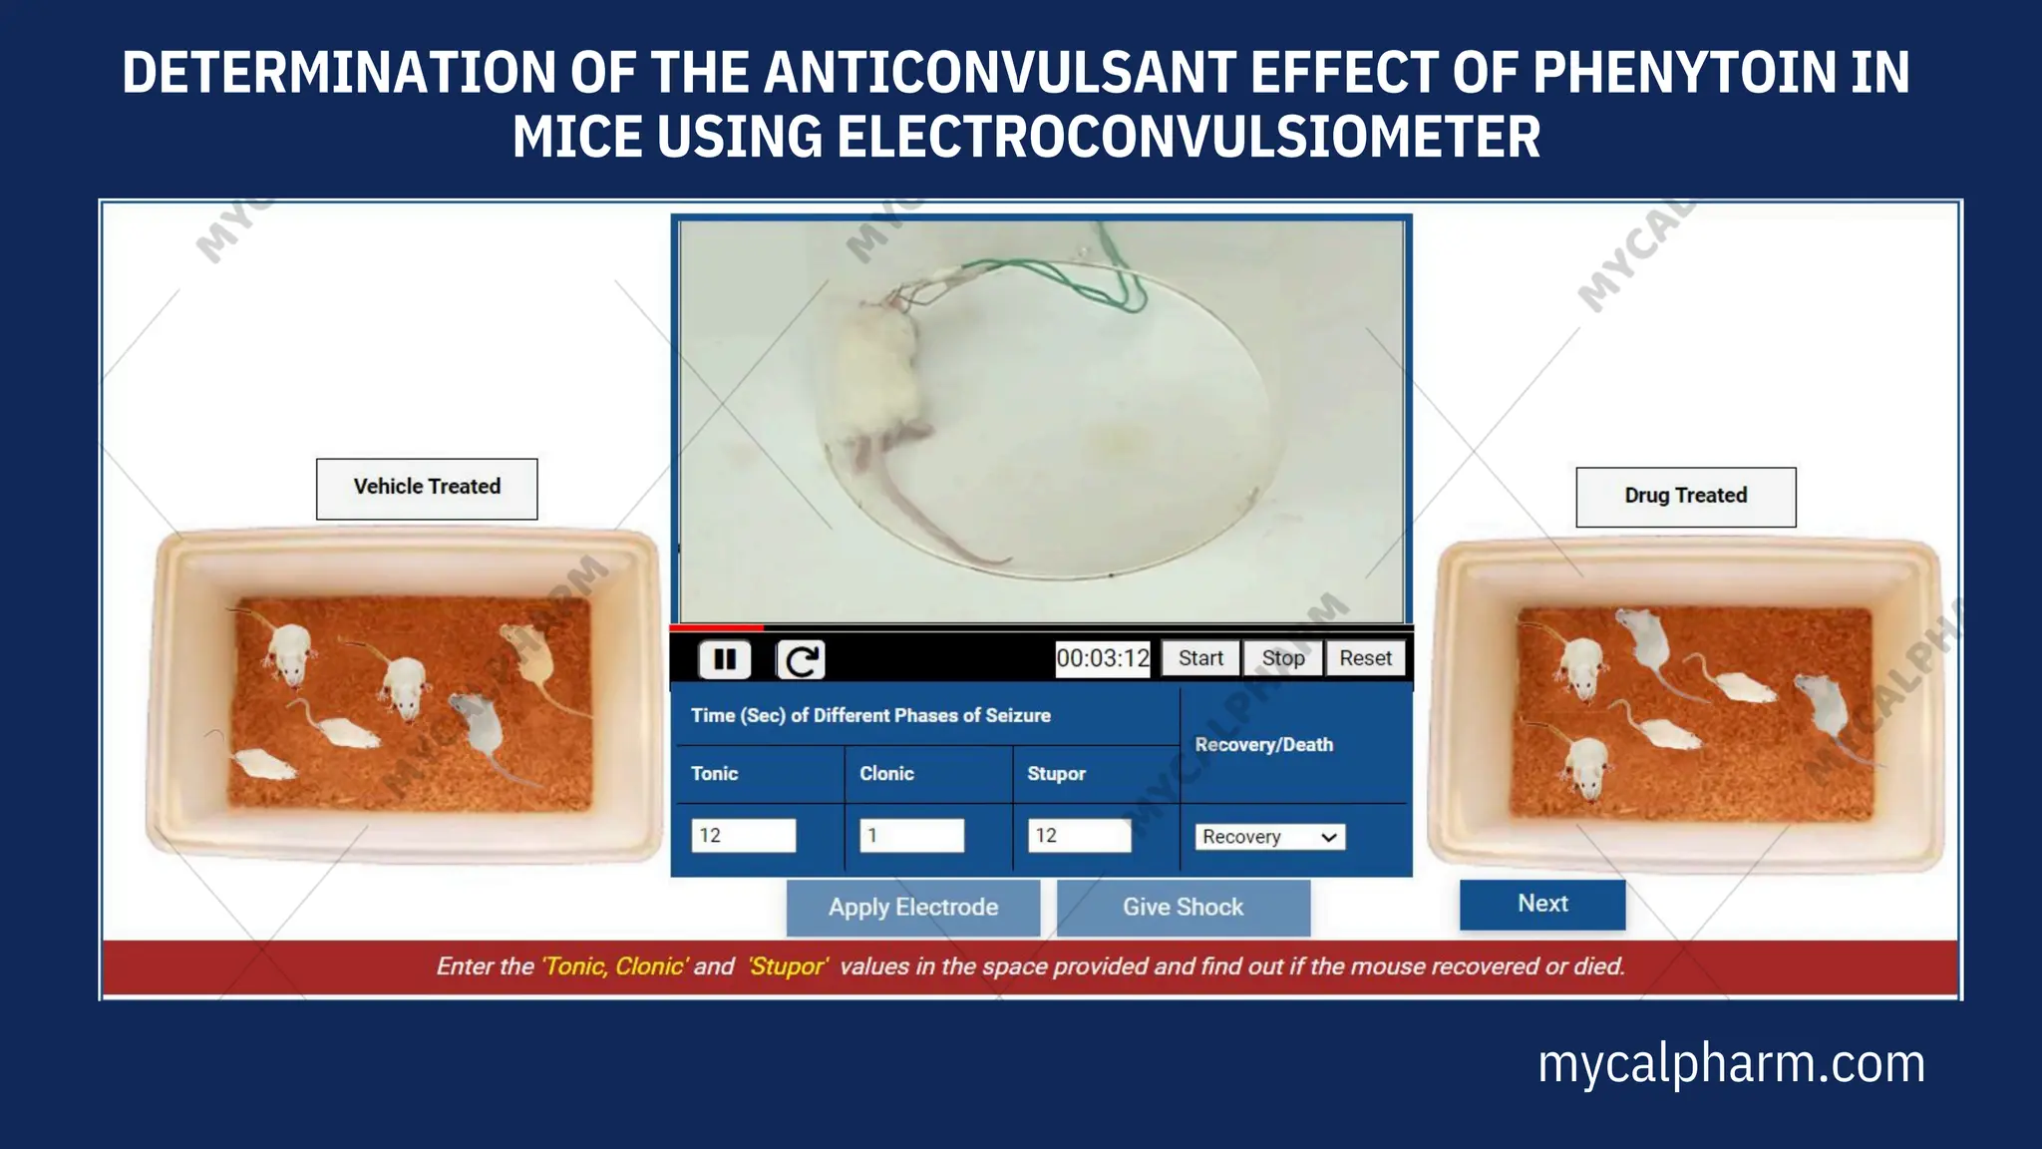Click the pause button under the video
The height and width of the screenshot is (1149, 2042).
(725, 659)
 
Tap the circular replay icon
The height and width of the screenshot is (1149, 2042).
(801, 659)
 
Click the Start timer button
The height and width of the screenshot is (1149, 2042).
(1200, 658)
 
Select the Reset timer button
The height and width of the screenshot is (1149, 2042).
(1365, 658)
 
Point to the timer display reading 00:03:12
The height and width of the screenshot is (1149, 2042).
(1103, 658)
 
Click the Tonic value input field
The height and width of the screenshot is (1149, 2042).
(744, 836)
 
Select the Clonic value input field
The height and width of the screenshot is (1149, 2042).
(912, 836)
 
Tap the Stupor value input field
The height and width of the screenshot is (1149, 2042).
(1080, 836)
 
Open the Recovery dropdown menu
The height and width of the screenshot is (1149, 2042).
(1269, 837)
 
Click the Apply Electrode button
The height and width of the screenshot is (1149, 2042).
(913, 908)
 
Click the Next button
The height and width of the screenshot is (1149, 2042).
(1542, 904)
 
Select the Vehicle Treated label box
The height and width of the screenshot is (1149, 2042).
(427, 488)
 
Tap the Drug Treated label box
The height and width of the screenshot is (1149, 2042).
(1685, 497)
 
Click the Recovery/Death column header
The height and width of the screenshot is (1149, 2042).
(1263, 745)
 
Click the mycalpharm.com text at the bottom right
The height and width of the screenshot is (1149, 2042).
(1731, 1063)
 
